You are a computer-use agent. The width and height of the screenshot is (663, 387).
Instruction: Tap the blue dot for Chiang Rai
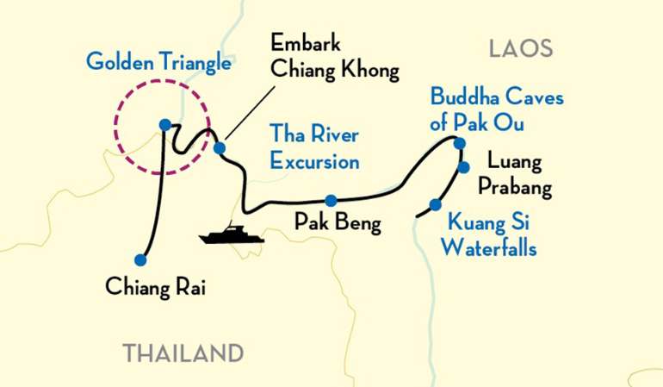point(140,259)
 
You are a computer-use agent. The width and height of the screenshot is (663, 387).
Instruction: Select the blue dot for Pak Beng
point(330,200)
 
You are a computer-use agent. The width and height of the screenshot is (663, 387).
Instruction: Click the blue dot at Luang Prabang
point(463,167)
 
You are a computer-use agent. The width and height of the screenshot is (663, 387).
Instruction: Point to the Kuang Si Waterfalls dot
point(435,204)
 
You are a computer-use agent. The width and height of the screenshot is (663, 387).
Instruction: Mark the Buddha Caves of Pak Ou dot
point(460,143)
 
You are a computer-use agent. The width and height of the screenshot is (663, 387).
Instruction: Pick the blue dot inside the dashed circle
point(164,124)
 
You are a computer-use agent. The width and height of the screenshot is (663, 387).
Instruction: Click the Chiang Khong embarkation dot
point(220,147)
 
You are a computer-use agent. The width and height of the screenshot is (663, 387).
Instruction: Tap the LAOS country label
point(520,48)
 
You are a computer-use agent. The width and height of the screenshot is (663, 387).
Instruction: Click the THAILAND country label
point(183,353)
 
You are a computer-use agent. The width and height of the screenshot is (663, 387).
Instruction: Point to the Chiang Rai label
point(156,284)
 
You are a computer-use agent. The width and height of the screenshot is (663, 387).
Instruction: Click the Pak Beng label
point(338,222)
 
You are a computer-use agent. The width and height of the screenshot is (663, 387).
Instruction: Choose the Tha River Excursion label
point(314,147)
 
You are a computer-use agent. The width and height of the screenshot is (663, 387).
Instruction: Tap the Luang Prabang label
point(518,173)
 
